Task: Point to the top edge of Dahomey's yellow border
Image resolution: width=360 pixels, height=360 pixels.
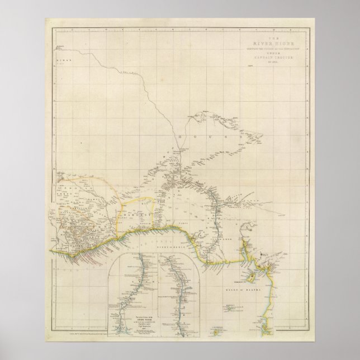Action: tap(146, 196)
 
